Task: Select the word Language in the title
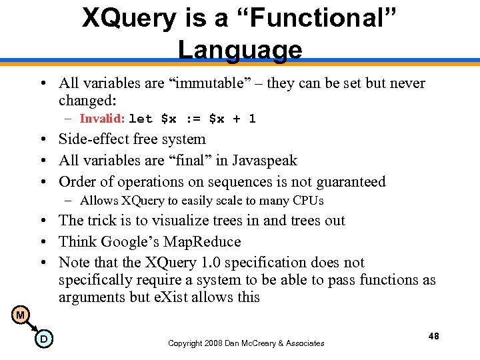click(240, 49)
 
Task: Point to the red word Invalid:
click(102, 119)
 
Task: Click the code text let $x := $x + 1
click(192, 119)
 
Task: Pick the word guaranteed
click(346, 182)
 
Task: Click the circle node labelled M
click(21, 315)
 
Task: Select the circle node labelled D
click(43, 340)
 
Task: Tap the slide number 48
click(433, 337)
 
